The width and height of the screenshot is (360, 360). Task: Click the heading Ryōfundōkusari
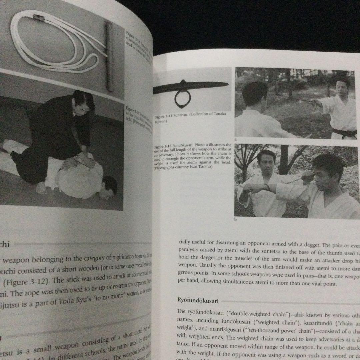pyautogui.click(x=198, y=301)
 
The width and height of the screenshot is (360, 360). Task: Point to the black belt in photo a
pyautogui.click(x=343, y=133)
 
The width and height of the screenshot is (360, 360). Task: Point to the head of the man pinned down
pyautogui.click(x=109, y=186)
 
